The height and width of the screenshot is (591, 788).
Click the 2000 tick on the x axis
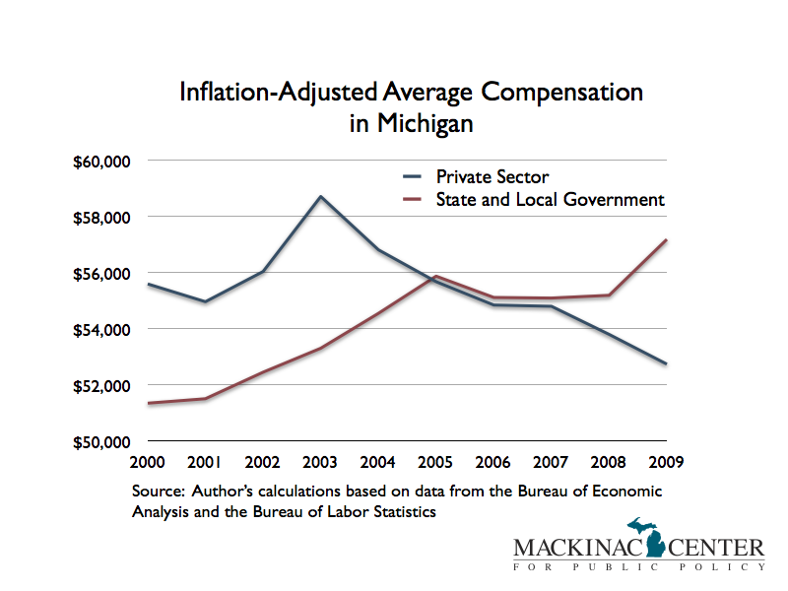[146, 461]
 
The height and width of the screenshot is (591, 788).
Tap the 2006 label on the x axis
[493, 461]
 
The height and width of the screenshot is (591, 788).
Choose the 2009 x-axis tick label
[667, 461]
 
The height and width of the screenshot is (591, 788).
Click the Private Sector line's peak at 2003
[320, 196]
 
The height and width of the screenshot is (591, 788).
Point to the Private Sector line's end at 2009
[667, 364]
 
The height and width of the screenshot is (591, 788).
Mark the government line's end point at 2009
[667, 240]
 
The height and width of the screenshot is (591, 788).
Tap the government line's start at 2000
[147, 403]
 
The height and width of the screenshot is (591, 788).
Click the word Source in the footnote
[154, 491]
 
